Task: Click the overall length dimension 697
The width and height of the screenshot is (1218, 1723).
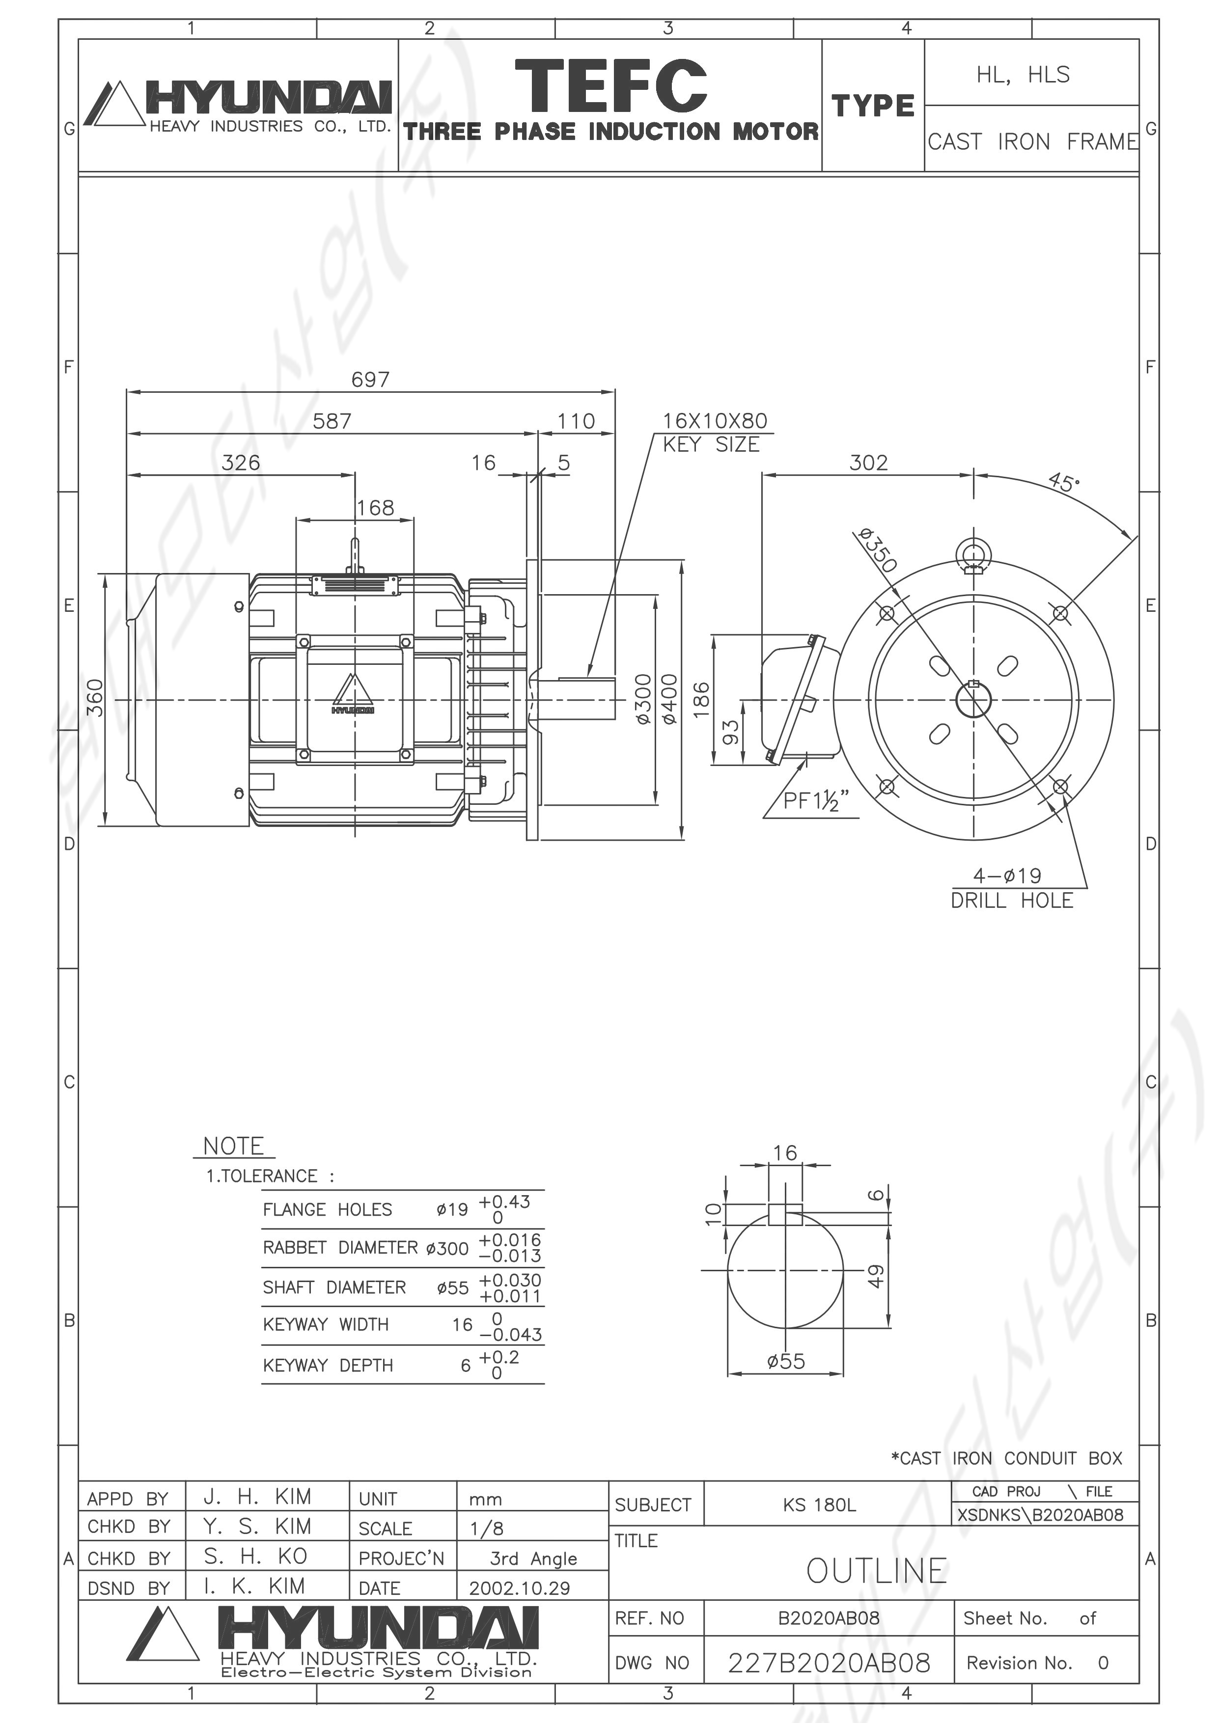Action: coord(370,379)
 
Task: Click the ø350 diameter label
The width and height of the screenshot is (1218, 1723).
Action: coord(876,549)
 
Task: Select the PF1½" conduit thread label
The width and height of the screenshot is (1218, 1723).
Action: coord(816,801)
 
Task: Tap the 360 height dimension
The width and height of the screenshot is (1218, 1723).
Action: coord(95,698)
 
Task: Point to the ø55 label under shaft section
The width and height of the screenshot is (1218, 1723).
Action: coord(786,1361)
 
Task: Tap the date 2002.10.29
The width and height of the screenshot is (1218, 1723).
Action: coord(519,1588)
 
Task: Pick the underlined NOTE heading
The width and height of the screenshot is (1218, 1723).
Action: coord(233,1146)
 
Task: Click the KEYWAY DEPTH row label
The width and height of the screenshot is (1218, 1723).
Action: coord(328,1365)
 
